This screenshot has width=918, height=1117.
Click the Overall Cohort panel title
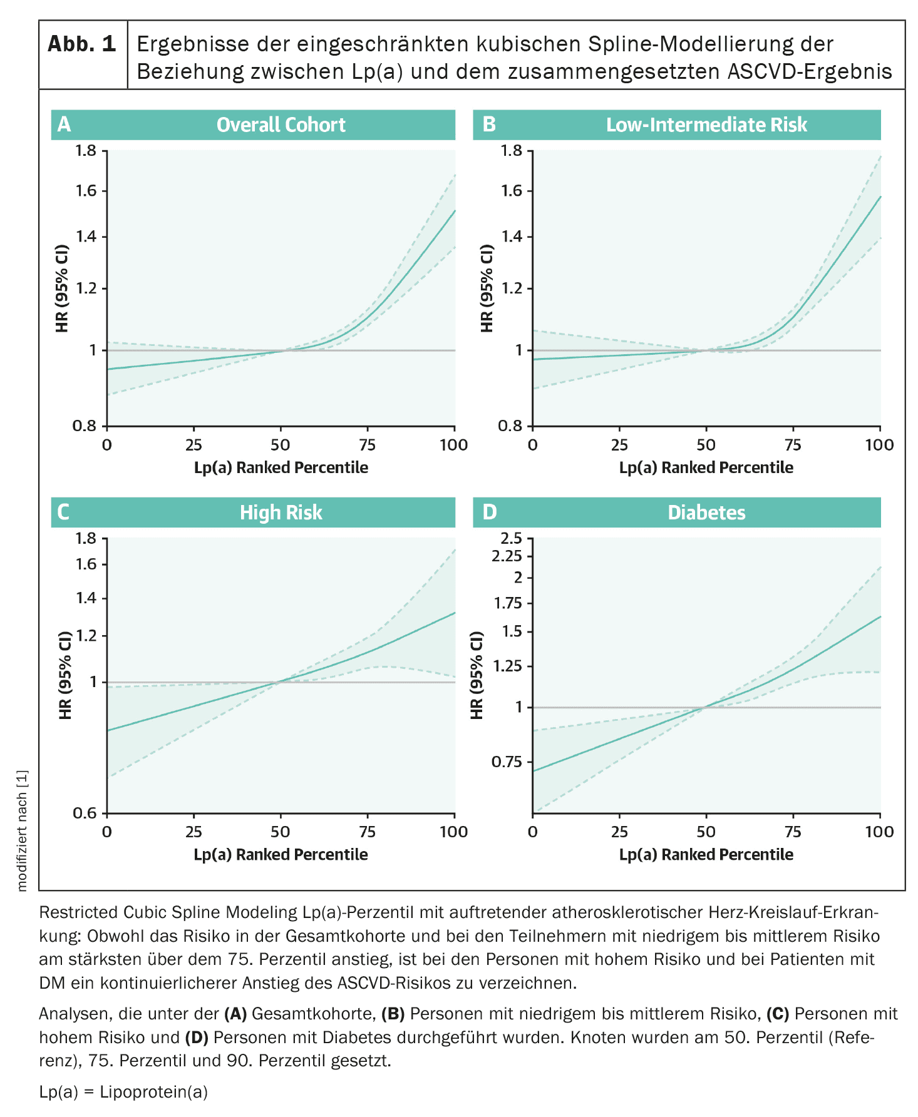pos(281,125)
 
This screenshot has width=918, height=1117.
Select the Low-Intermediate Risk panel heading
pos(706,125)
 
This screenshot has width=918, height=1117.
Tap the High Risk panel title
pos(281,513)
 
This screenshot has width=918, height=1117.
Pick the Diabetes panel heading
pos(706,513)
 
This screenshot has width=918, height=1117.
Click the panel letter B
pos(489,125)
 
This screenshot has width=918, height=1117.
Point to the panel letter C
pos(63,513)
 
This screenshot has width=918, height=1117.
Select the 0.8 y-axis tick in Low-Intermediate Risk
pos(510,426)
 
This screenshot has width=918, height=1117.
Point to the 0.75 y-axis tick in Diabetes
pos(507,762)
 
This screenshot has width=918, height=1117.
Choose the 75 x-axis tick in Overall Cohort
pos(367,445)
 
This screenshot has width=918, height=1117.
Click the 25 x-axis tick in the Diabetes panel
pos(619,832)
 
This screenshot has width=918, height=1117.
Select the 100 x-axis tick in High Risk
pos(454,832)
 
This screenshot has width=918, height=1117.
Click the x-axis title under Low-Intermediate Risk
pos(706,467)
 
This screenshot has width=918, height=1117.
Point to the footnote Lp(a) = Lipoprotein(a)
pos(123,1092)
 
